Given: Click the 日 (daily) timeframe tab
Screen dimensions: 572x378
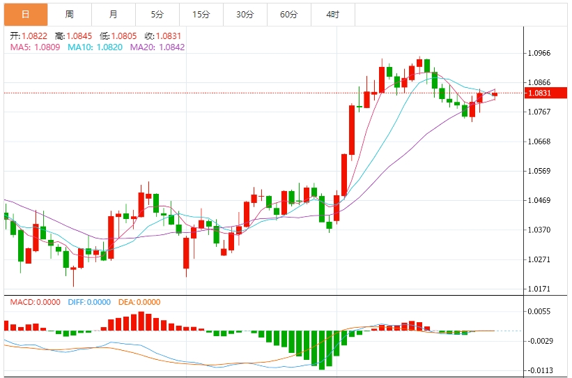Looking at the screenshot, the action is coord(26,15).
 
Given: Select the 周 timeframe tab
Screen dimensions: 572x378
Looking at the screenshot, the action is coord(69,15).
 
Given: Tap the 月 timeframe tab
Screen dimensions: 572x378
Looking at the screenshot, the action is coord(114,15).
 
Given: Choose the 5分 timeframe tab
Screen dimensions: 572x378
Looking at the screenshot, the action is coord(157,15).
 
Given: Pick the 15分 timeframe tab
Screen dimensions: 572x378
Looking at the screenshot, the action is coord(201,15).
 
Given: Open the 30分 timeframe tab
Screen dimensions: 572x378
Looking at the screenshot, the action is coord(245,15).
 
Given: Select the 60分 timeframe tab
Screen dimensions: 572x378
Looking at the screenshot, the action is coord(289,15).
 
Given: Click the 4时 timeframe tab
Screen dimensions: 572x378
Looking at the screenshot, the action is coord(333,15).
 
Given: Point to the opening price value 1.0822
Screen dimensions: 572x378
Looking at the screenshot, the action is coord(34,36).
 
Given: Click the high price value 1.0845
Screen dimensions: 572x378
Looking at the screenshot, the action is coord(79,36).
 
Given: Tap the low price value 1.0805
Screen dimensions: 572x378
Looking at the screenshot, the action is coord(124,36).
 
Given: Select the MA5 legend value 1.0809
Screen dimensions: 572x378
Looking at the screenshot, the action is coord(47,47).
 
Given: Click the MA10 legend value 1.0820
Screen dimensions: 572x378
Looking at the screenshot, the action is coord(109,47).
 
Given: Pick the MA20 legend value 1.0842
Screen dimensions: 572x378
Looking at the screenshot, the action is coord(172,47).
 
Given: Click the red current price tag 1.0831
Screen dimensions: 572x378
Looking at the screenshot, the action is coord(546,93).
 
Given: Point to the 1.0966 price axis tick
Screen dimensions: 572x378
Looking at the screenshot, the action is coord(539,53).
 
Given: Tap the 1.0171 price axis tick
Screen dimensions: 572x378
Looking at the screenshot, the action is coord(539,289).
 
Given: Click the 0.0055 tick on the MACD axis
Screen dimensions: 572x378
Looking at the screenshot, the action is coord(540,312).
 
